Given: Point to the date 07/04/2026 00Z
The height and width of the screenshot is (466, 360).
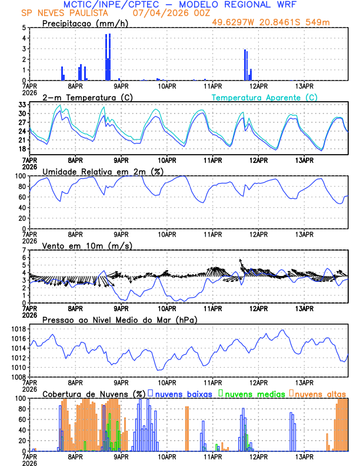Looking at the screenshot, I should tap(167, 13).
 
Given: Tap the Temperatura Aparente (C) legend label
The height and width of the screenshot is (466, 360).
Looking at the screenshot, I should tap(265, 97).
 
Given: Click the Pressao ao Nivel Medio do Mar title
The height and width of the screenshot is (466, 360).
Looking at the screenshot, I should tap(119, 319).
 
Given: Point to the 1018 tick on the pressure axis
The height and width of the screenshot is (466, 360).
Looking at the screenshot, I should tap(18, 329).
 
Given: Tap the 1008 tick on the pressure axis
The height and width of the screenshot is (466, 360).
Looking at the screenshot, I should tap(18, 377).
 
